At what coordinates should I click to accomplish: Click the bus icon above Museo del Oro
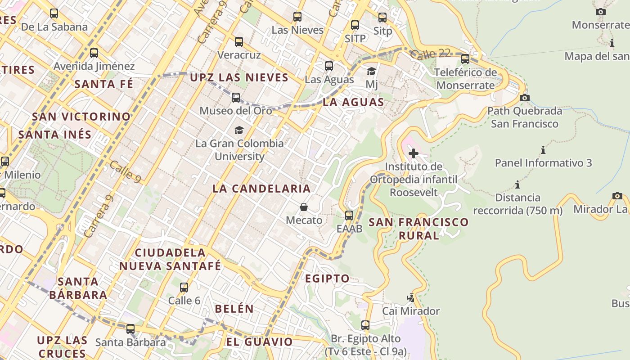point(236,98)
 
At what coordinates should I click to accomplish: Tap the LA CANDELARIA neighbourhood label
point(261,189)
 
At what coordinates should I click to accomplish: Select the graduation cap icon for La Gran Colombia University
point(239,130)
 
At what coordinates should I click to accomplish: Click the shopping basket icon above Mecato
point(304,207)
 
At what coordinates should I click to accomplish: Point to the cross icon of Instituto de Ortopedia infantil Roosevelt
point(414,153)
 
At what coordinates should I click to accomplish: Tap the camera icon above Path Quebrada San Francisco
point(525,98)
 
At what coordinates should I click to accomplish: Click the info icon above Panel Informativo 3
point(543,150)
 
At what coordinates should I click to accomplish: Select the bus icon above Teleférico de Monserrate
point(465,58)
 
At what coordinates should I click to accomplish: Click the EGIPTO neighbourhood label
point(327,279)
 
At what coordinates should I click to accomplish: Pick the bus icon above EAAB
point(349,216)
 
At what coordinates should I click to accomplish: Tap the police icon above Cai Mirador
point(410,297)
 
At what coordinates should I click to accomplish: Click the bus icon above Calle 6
point(184,288)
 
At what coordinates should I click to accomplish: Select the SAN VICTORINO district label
point(81,117)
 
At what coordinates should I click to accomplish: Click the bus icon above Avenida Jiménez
point(94,53)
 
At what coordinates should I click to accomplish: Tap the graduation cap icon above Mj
point(371,71)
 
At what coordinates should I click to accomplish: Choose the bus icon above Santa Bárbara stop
point(130,329)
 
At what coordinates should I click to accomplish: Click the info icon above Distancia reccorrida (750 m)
point(517,184)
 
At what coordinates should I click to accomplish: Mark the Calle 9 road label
point(126,172)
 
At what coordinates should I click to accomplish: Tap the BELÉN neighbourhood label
point(234,309)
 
